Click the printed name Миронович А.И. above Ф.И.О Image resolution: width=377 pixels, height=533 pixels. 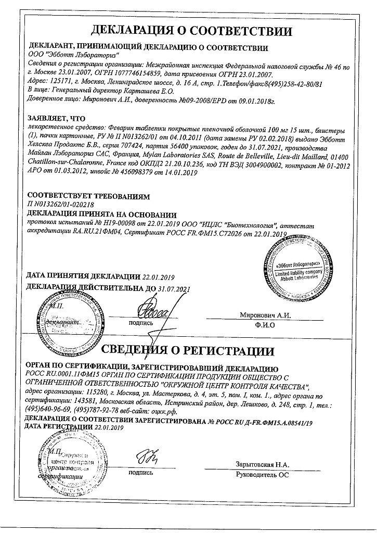pos(265,315)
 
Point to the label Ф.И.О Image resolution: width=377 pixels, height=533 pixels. pos(265,325)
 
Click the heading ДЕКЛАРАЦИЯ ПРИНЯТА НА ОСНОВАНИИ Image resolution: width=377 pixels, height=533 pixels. pos(101,214)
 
